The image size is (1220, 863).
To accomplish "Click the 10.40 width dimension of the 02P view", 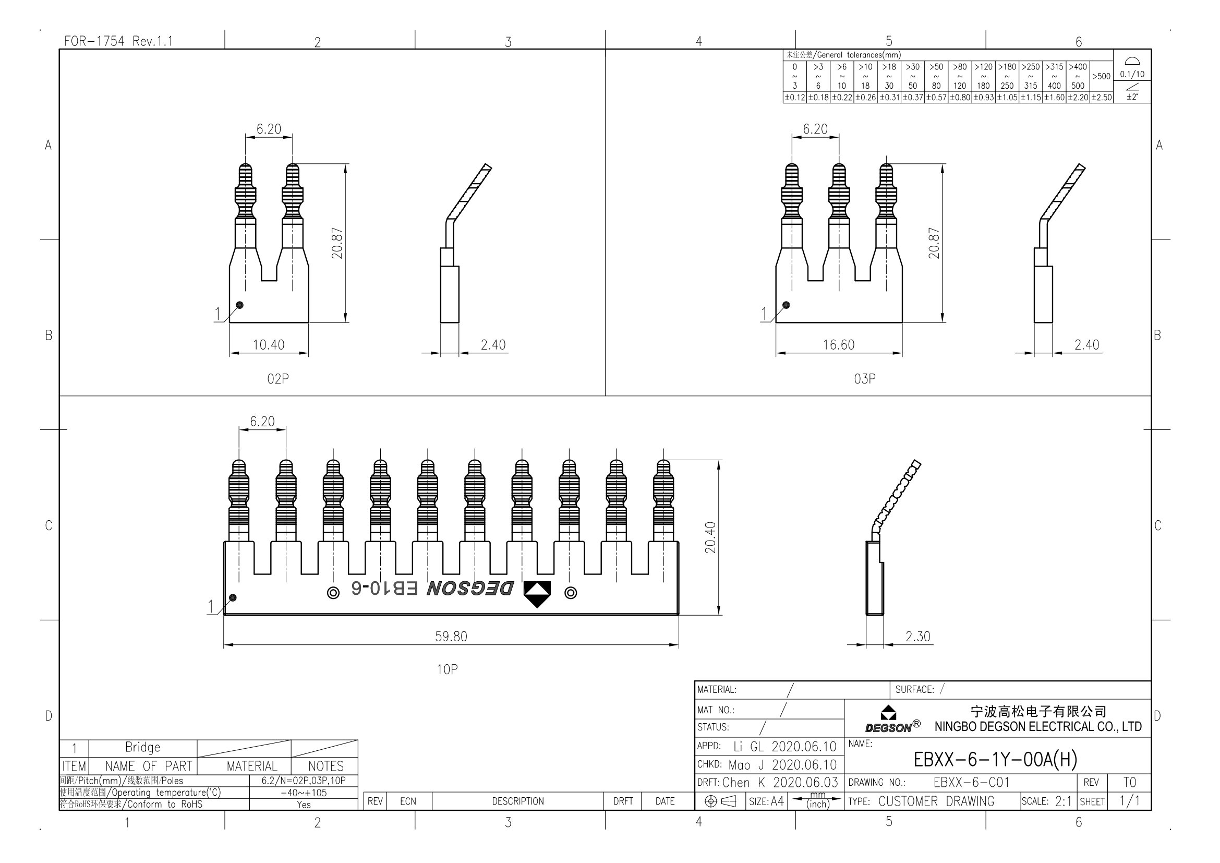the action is (268, 345).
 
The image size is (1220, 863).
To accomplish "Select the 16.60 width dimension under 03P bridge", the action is (839, 345).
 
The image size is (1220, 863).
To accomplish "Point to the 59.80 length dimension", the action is (451, 637).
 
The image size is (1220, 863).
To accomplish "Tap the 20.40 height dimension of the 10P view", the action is (710, 537).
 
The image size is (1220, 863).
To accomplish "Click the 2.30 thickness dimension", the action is (917, 637).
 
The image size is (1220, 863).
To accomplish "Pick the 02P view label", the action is (278, 379).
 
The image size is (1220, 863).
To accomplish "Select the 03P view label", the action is (864, 379).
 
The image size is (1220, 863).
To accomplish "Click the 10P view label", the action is (447, 669).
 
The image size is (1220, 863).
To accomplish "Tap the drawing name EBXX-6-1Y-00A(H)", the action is (995, 759).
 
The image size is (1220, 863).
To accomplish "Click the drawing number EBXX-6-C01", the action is (971, 782).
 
